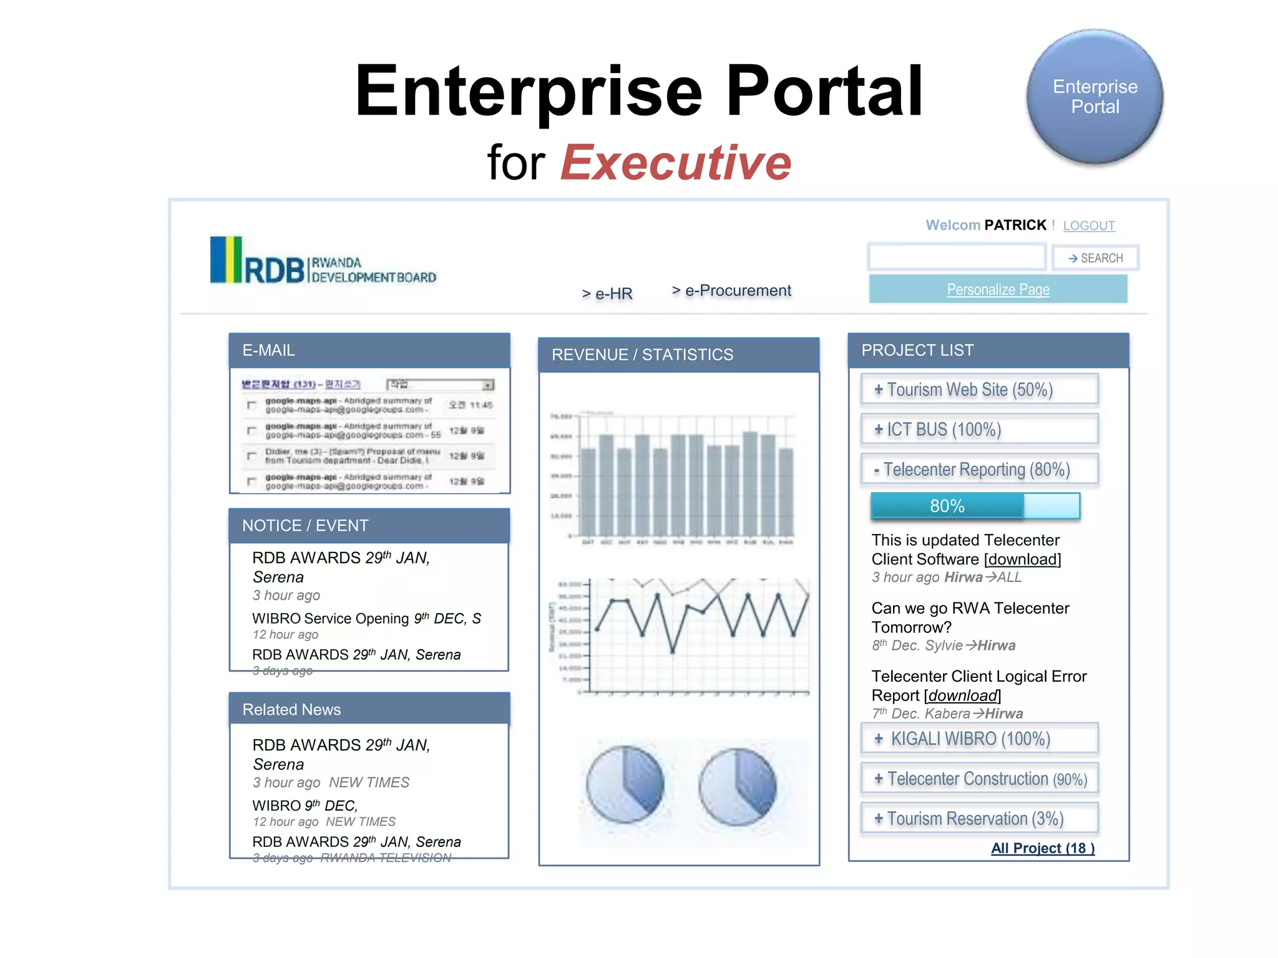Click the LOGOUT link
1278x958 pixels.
point(1088,226)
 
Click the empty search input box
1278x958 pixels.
point(956,257)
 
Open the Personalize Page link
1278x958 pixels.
point(998,289)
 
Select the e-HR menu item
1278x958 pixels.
point(607,293)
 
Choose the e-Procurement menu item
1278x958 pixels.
point(731,291)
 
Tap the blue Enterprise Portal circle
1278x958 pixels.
point(1095,97)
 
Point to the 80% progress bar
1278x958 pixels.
point(975,506)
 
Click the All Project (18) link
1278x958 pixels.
point(1042,848)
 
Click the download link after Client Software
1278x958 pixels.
point(1022,559)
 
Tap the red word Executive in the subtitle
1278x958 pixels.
point(676,163)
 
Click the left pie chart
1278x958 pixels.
point(625,784)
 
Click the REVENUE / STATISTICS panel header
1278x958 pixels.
point(678,355)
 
